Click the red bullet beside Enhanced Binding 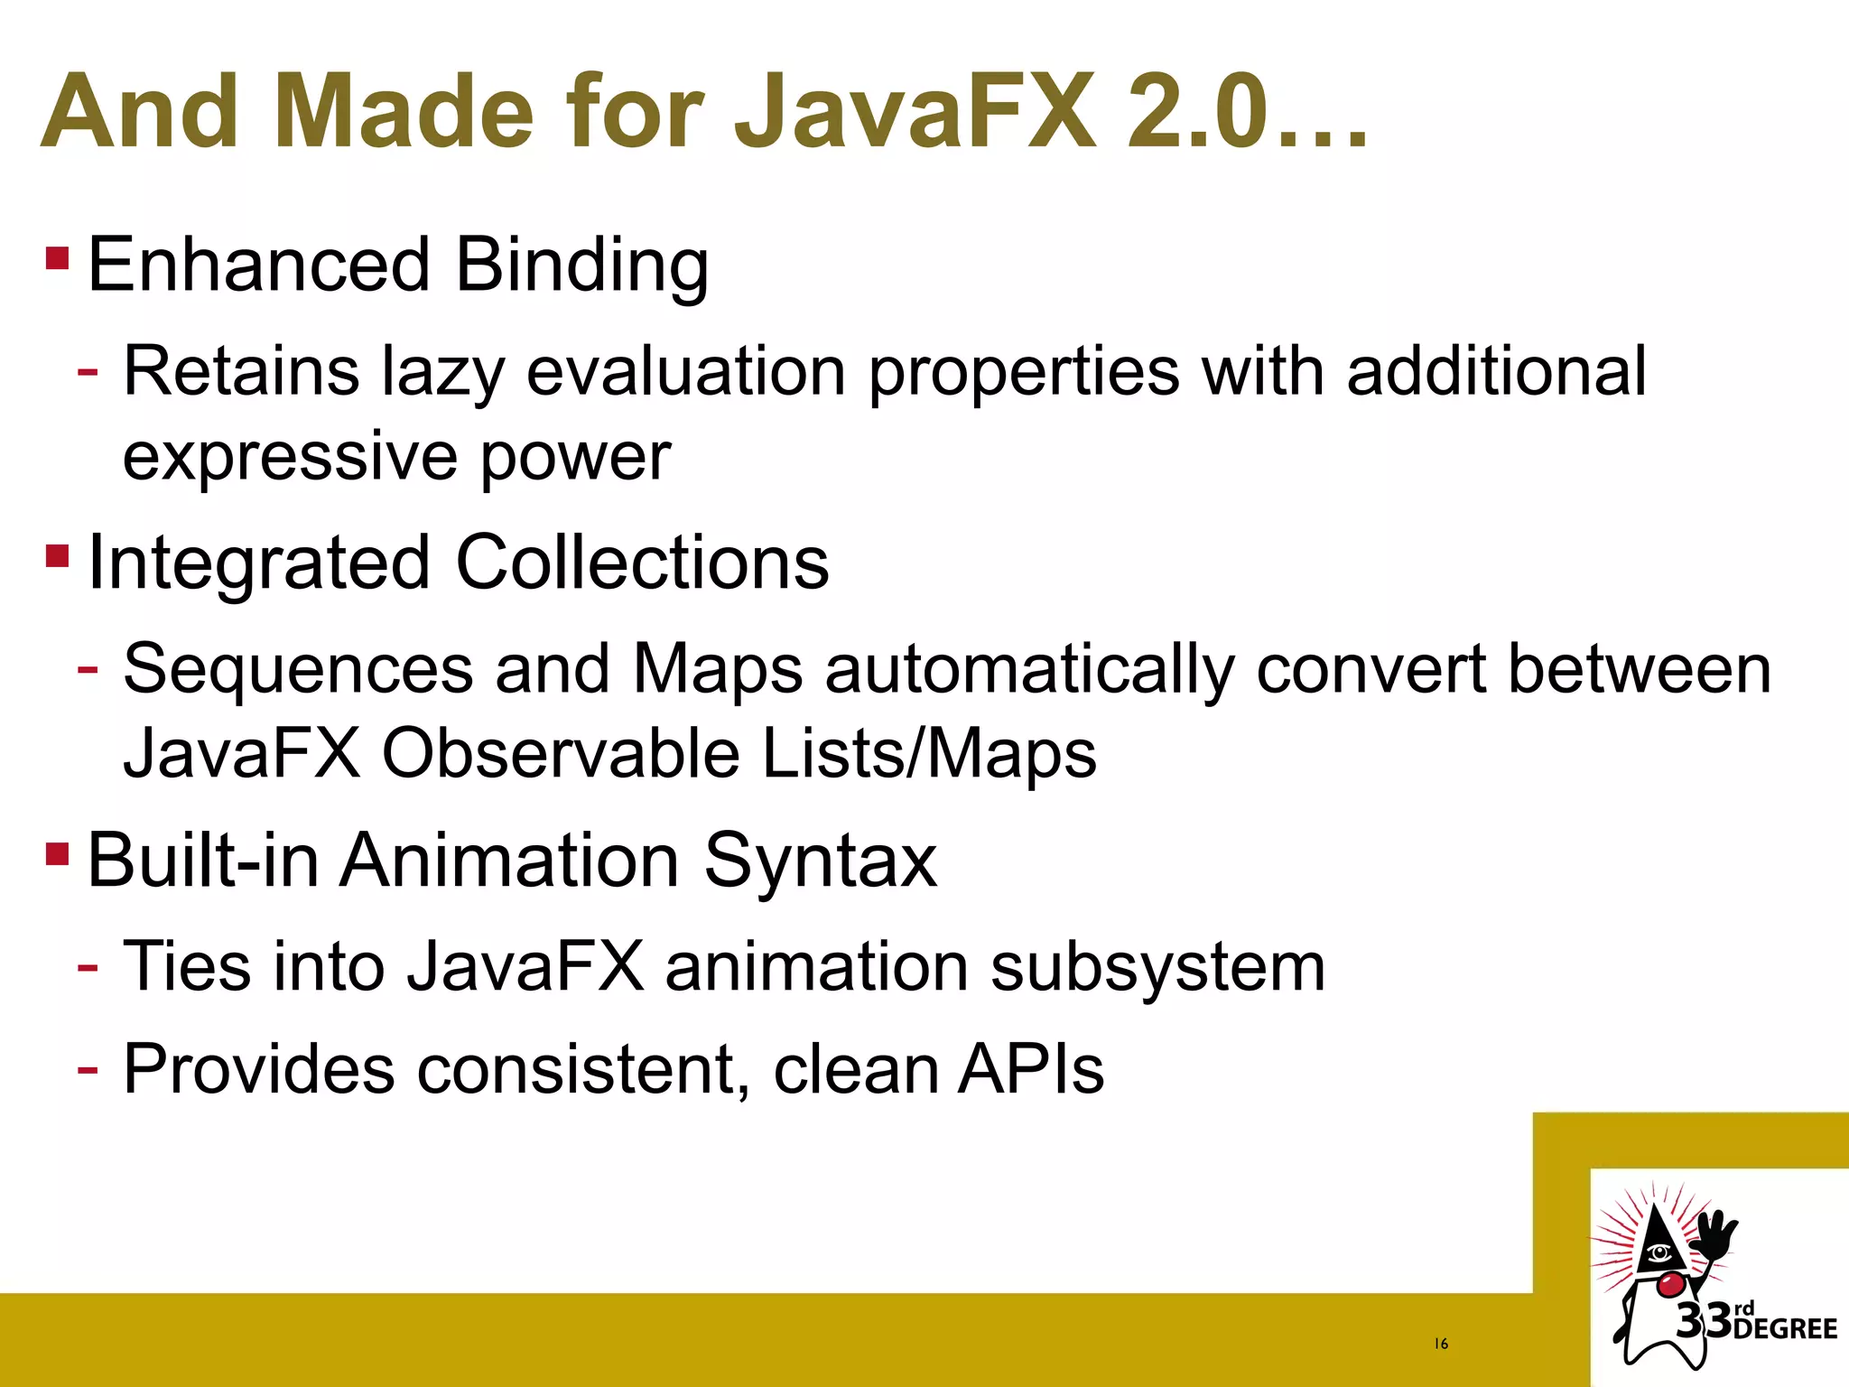coord(57,259)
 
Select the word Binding coord(581,266)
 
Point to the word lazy coord(441,373)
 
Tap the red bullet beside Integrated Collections coord(57,555)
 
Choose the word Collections coord(642,563)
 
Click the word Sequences coord(299,670)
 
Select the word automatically coord(1029,670)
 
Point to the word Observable coord(561,753)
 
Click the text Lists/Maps coord(929,753)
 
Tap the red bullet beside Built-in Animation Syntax coord(57,853)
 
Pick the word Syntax coord(821,861)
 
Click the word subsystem coord(1157,967)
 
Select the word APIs coord(1030,1069)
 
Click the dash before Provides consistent coord(88,1069)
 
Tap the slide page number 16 coord(1441,1344)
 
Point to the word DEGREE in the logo coord(1785,1329)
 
